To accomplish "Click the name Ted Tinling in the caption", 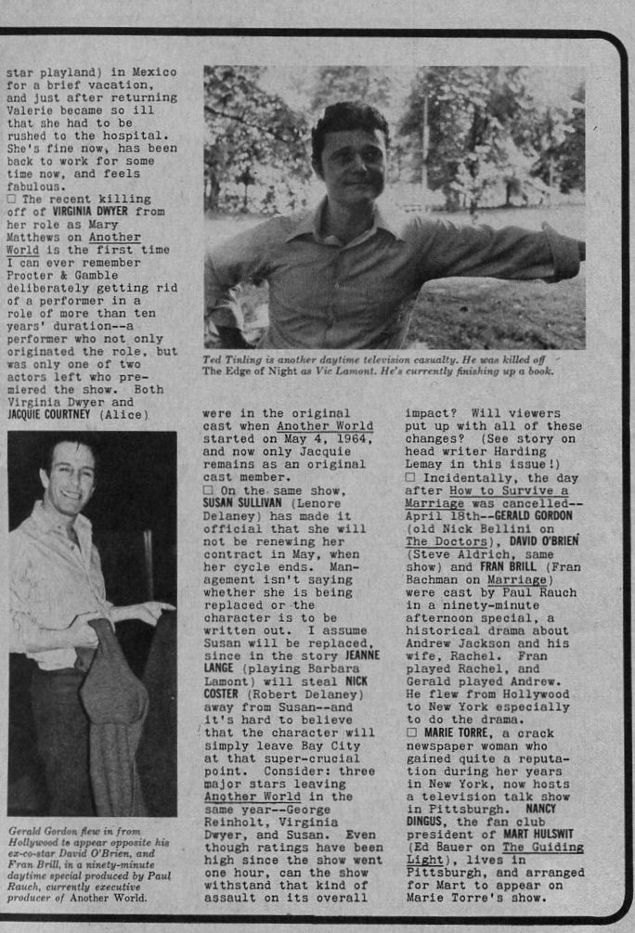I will tap(236, 359).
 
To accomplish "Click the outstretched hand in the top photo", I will tap(567, 252).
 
